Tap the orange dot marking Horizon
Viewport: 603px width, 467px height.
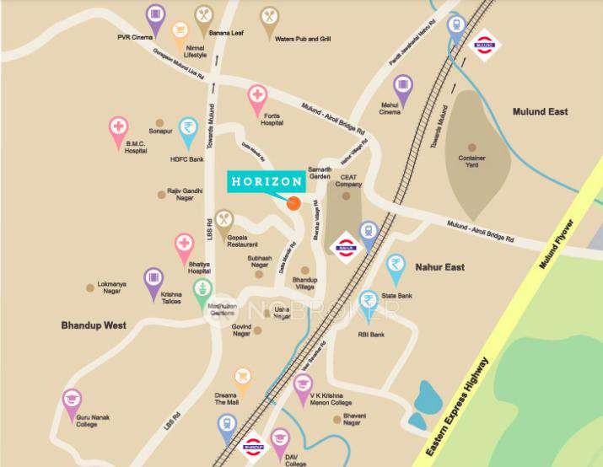(x=293, y=203)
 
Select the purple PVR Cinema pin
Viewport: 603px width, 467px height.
(x=154, y=16)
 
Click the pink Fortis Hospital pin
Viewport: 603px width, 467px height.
(x=257, y=97)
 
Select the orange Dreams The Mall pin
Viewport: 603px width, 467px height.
(x=243, y=378)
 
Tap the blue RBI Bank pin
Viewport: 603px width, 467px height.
(x=368, y=302)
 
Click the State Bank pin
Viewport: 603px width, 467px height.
(x=396, y=266)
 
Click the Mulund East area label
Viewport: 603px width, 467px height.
(x=540, y=111)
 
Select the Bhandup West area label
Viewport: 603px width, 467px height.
(x=94, y=325)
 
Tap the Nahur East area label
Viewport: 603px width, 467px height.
(x=439, y=267)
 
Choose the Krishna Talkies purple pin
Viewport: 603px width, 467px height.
(x=153, y=280)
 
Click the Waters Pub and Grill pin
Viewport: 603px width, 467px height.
(x=269, y=19)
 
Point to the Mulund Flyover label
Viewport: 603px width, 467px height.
(x=557, y=244)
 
